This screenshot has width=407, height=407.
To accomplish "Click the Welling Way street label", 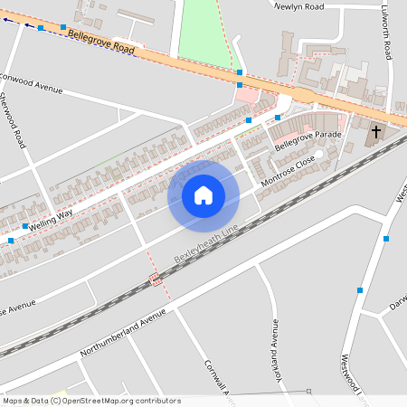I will point(51,217).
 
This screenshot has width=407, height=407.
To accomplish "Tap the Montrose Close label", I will point(288,171).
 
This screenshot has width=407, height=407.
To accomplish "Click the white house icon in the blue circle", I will point(203,194).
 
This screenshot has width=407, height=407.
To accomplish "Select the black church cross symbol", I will point(375,134).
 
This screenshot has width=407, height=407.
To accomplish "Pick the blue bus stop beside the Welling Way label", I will point(25,226).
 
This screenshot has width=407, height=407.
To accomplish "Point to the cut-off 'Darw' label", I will point(398,307).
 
